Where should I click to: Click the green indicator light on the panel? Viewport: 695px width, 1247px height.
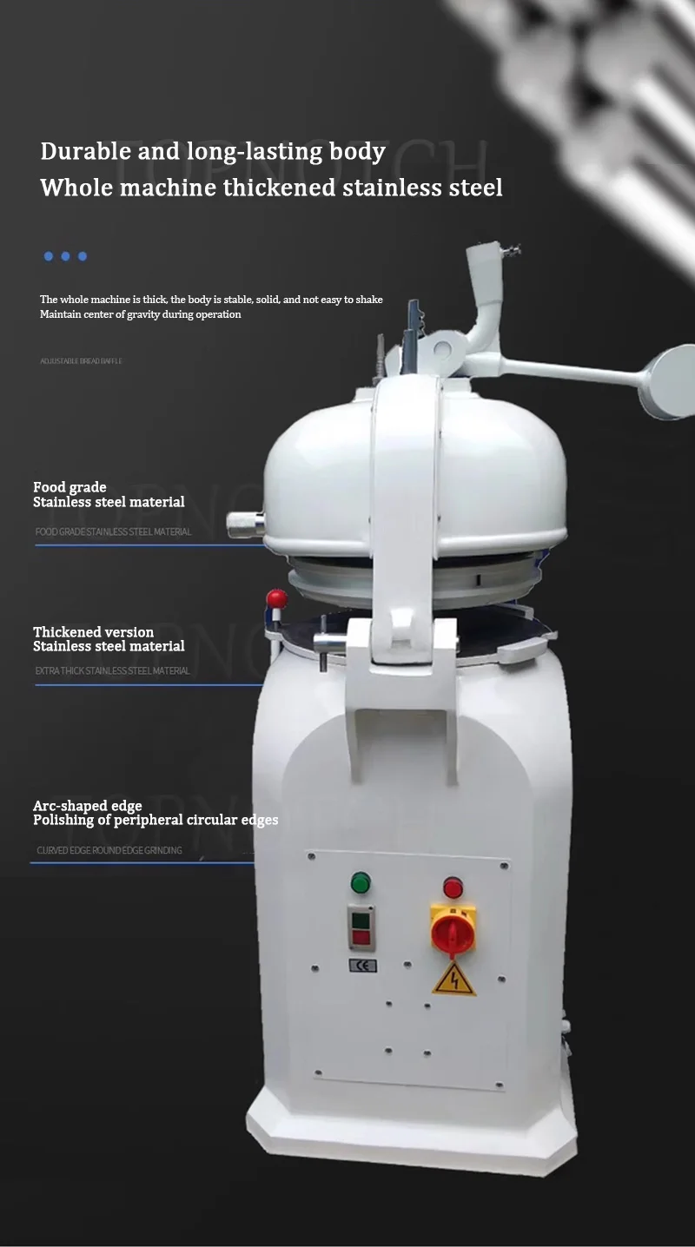pyautogui.click(x=361, y=883)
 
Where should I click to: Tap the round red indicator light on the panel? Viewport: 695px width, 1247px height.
pyautogui.click(x=453, y=887)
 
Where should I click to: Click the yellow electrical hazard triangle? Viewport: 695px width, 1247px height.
pyautogui.click(x=454, y=980)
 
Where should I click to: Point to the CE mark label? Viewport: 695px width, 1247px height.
pyautogui.click(x=362, y=965)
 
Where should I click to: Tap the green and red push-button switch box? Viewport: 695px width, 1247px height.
pyautogui.click(x=361, y=927)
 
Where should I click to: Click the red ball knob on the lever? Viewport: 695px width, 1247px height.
pyautogui.click(x=277, y=598)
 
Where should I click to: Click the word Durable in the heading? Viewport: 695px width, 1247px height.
pyautogui.click(x=86, y=151)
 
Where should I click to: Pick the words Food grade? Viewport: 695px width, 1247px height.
pyautogui.click(x=69, y=487)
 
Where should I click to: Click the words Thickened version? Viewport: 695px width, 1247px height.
pyautogui.click(x=93, y=631)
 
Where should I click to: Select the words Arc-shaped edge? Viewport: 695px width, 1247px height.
pyautogui.click(x=87, y=806)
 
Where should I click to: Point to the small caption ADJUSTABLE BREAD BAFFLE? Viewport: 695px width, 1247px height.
pyautogui.click(x=81, y=360)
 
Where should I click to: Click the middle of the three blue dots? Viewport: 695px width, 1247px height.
pyautogui.click(x=65, y=256)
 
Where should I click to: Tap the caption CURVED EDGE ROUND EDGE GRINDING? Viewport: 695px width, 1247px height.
pyautogui.click(x=109, y=850)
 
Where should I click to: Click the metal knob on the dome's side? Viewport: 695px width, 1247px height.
pyautogui.click(x=245, y=525)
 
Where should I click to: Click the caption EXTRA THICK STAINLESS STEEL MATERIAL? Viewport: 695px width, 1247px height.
pyautogui.click(x=112, y=670)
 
